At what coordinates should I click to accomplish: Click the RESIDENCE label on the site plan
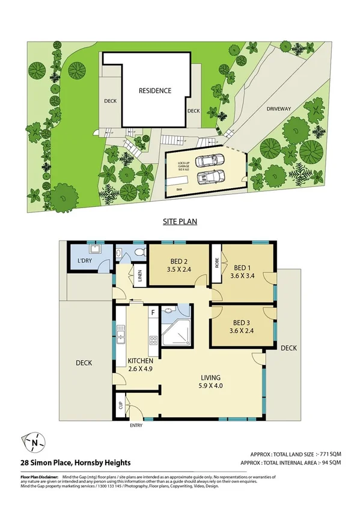tap(155, 91)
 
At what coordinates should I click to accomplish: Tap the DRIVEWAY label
tap(279, 108)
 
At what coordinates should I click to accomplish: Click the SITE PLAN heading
tap(180, 222)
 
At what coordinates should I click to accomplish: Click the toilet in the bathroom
tap(140, 253)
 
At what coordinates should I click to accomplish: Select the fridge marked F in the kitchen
tap(154, 313)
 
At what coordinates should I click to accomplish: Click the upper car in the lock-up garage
tap(209, 161)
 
